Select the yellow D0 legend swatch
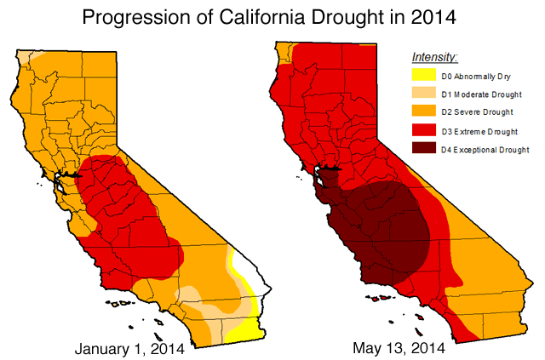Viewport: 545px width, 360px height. pyautogui.click(x=424, y=76)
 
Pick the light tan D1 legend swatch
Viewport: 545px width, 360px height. pyautogui.click(x=424, y=94)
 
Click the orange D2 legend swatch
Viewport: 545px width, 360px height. pyautogui.click(x=424, y=112)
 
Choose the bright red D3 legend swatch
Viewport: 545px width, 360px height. pyautogui.click(x=424, y=131)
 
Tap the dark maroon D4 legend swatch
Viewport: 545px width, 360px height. pyautogui.click(x=424, y=150)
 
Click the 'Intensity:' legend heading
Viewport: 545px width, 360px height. pyautogui.click(x=434, y=57)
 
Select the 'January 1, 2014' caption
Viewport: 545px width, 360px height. pyautogui.click(x=133, y=347)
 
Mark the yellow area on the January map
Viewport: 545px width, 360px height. pyautogui.click(x=246, y=328)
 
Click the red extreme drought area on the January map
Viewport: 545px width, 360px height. pyautogui.click(x=128, y=213)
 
